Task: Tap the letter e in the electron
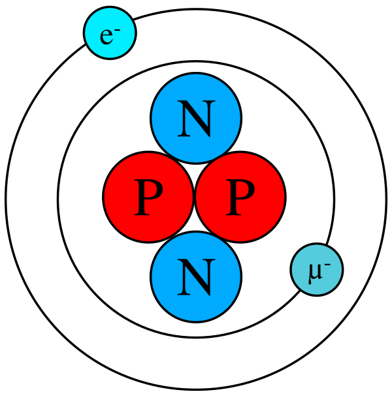click(106, 36)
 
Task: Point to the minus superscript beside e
click(117, 29)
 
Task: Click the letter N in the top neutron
click(196, 119)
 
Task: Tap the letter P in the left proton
click(148, 197)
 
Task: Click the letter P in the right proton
click(239, 197)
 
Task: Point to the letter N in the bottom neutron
click(196, 277)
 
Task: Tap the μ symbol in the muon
click(315, 272)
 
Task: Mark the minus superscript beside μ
click(327, 264)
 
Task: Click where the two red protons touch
click(194, 197)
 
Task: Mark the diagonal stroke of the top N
click(196, 120)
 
